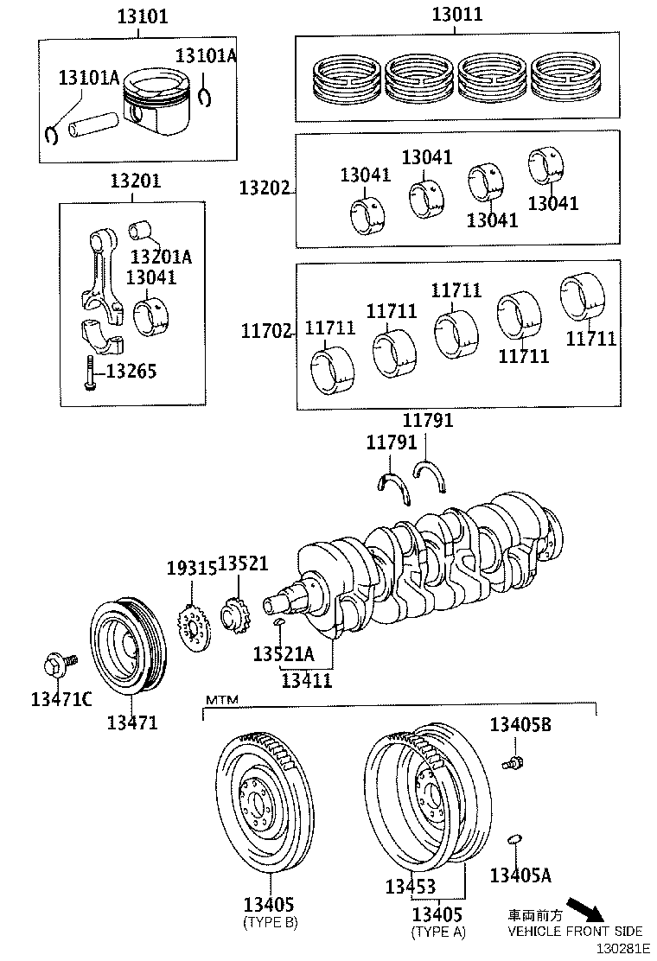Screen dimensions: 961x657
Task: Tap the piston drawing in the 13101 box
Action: pos(159,104)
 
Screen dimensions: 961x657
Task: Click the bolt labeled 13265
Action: pos(89,373)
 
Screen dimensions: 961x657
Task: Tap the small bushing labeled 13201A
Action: pos(141,232)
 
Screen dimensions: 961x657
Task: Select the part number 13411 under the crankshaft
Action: pos(306,680)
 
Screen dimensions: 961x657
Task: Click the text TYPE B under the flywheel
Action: pos(270,923)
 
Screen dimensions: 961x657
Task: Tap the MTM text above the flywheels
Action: pos(220,699)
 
